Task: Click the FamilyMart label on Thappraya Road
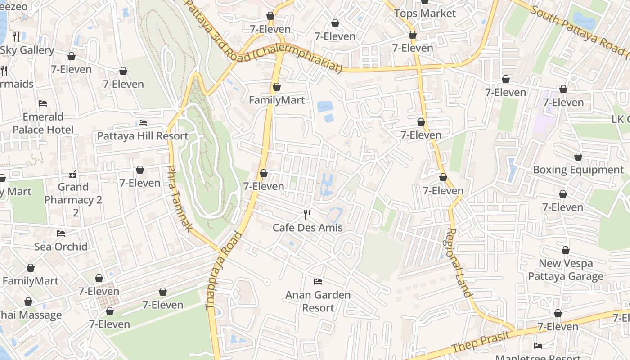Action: (x=277, y=100)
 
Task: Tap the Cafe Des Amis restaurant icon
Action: (x=307, y=214)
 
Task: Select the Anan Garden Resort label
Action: (x=318, y=301)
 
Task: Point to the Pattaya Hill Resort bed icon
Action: (x=143, y=122)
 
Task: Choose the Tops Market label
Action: (x=425, y=13)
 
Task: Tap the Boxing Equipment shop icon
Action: (x=578, y=157)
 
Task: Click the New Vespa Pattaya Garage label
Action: (x=566, y=270)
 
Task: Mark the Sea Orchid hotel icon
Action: (x=61, y=233)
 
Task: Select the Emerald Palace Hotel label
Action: (x=43, y=123)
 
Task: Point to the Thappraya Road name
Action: (x=224, y=270)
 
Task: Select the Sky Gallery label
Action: (x=27, y=50)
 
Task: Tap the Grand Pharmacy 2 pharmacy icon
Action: (x=73, y=173)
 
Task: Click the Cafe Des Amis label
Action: (x=307, y=228)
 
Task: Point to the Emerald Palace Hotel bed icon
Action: (x=43, y=103)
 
